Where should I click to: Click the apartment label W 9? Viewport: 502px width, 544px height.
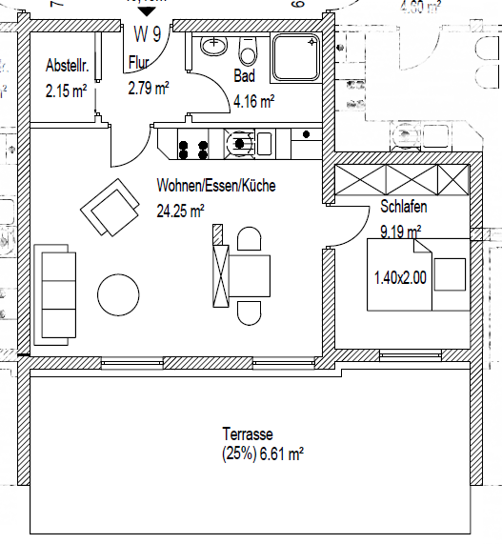click(x=146, y=35)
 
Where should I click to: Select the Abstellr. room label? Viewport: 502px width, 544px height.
click(x=68, y=66)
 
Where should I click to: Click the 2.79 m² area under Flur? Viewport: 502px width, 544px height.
click(x=149, y=89)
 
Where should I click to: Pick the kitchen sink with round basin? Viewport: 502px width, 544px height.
click(x=241, y=145)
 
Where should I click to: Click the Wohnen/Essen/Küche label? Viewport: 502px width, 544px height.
click(x=216, y=187)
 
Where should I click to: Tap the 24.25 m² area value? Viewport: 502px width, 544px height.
click(x=181, y=212)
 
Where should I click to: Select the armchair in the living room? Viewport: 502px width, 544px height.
click(x=110, y=207)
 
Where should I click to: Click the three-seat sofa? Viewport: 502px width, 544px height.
click(x=55, y=293)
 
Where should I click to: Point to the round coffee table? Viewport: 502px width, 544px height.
click(x=123, y=294)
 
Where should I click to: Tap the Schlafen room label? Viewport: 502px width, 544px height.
click(x=403, y=207)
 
